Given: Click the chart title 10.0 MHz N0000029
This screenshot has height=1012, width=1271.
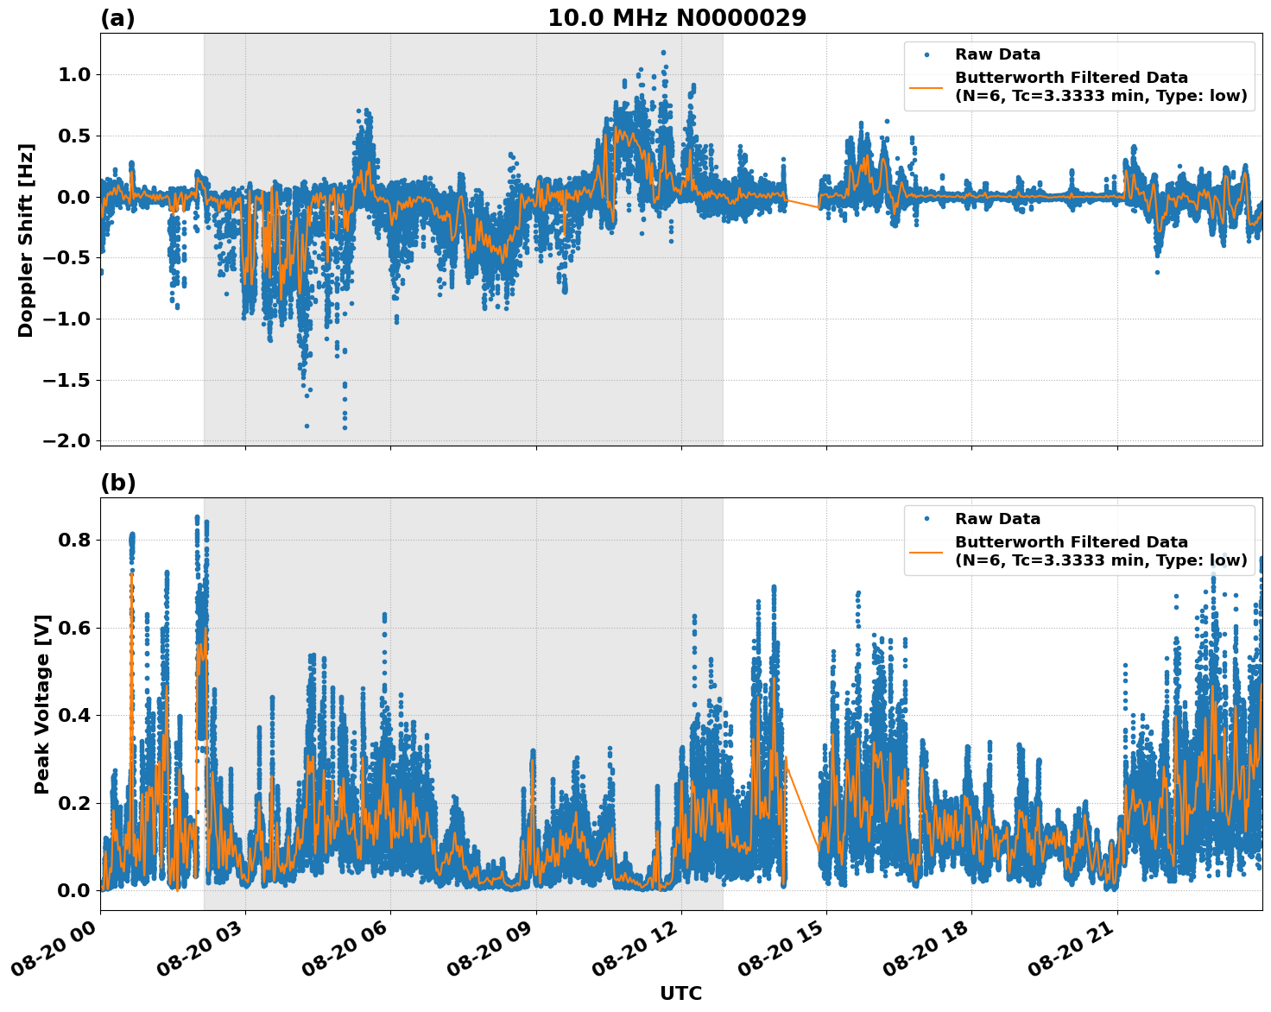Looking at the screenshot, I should (676, 18).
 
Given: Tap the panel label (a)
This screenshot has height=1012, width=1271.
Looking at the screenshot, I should (117, 18).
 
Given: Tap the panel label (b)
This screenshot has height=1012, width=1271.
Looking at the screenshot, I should (118, 483).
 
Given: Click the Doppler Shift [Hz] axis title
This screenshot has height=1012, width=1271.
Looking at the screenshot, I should (26, 240).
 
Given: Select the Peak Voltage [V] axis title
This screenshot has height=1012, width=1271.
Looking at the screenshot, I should (42, 704).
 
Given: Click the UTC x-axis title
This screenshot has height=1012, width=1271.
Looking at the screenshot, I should (680, 993).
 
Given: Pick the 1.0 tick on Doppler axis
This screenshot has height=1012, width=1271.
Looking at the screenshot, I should (73, 75).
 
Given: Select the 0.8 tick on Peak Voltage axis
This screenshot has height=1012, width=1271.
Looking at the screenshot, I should (73, 541).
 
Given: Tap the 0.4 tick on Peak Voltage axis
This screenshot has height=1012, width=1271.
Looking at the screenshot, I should (73, 716).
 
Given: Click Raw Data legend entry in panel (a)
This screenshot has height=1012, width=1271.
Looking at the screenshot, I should (997, 54).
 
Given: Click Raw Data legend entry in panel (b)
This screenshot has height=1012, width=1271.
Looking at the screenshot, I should (997, 519).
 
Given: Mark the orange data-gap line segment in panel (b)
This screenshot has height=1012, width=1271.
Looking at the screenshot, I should (802, 803).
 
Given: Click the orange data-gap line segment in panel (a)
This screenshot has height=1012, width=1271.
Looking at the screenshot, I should (802, 204).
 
